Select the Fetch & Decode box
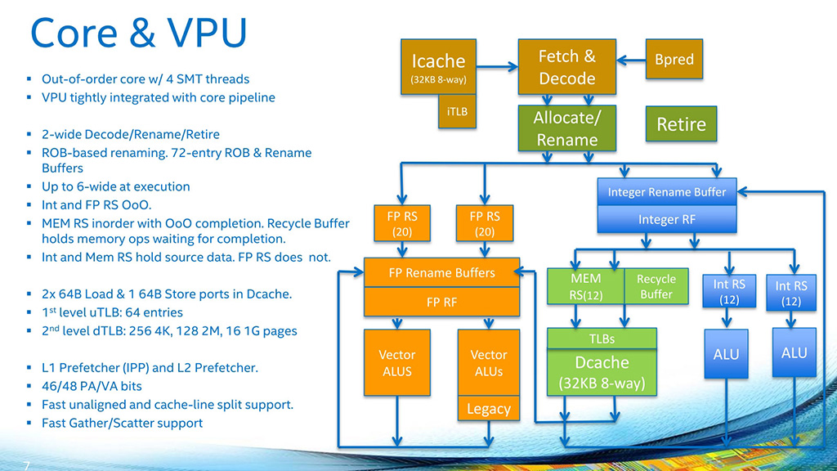(566, 68)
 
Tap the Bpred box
(674, 60)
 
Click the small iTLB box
(458, 111)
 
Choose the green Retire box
(681, 124)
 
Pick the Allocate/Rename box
(566, 128)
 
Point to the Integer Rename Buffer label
(667, 192)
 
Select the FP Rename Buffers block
(441, 272)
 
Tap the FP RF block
(441, 302)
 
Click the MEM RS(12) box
(585, 287)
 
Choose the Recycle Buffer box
(656, 287)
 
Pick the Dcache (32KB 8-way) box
(602, 372)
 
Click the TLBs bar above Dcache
(602, 339)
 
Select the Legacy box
(489, 408)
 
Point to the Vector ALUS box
(396, 363)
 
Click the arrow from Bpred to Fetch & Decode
(632, 60)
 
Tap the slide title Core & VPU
(138, 34)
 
